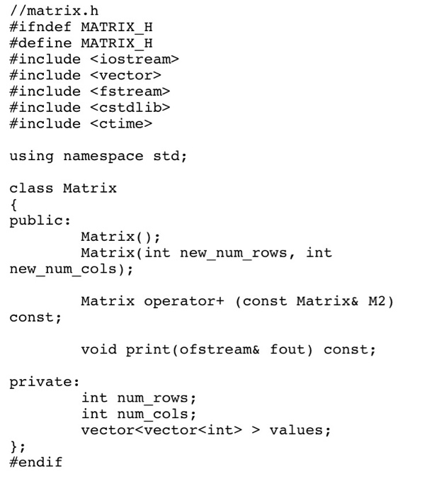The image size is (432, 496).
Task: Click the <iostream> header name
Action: pos(135,59)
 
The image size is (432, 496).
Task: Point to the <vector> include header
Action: pos(125,75)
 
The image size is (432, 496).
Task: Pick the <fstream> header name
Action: pos(130,91)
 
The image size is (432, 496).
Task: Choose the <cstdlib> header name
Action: pos(130,108)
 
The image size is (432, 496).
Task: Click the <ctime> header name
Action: pos(121,124)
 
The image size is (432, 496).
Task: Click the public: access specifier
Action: pos(40,221)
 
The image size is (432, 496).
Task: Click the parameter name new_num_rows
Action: pos(233,253)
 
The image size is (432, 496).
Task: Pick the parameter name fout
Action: pos(287,350)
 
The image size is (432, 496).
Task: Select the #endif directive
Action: pos(35,463)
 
